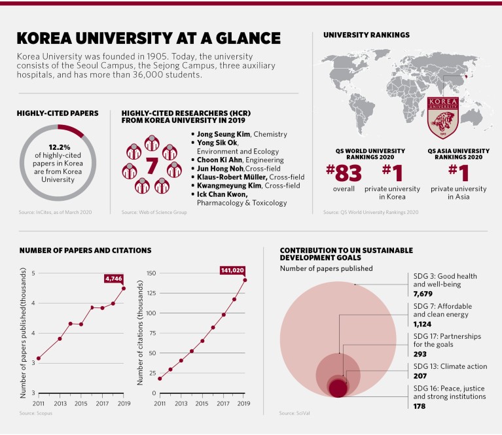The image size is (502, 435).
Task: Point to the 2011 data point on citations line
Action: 160,378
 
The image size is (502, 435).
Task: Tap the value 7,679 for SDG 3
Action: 425,294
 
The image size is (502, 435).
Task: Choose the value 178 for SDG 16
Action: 420,406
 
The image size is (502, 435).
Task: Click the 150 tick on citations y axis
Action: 151,273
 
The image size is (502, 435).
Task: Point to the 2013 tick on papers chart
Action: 60,404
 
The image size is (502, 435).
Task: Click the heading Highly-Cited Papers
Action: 58,114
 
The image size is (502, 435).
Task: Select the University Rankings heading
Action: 367,34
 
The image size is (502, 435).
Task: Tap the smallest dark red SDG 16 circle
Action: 337,389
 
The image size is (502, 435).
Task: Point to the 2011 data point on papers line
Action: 39,358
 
